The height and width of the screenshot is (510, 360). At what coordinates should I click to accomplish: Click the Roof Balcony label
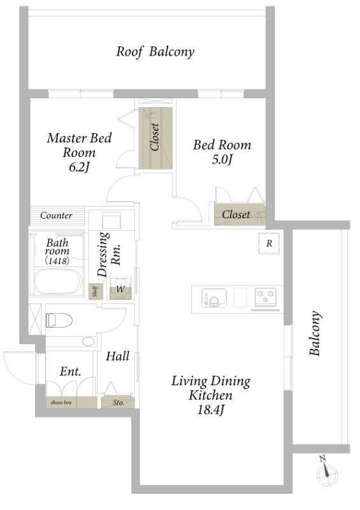point(155,52)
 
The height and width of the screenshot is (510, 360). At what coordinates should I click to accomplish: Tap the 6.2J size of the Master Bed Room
point(79,167)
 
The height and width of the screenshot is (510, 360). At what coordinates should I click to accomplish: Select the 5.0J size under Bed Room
point(222,160)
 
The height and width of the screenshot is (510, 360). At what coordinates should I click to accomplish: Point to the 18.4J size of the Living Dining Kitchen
point(211,410)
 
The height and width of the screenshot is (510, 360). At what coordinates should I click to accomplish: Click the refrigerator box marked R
point(269,244)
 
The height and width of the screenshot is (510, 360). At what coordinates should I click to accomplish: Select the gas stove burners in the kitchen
point(266,296)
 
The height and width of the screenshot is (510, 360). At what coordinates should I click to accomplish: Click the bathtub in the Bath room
point(58,282)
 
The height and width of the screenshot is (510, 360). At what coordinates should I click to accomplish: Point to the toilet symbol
point(59,320)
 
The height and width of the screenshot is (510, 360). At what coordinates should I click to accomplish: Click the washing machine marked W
point(120,288)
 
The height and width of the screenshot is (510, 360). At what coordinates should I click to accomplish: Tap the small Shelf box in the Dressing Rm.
point(96,291)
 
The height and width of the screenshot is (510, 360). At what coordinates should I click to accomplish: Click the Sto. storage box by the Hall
point(118,403)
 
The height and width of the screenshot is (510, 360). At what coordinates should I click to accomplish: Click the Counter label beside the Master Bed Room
point(56,215)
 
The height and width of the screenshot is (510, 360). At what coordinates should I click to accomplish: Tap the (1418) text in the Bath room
point(57,261)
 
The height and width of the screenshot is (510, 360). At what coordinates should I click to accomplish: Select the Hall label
point(118,356)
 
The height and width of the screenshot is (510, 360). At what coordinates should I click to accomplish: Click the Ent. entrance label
point(70,371)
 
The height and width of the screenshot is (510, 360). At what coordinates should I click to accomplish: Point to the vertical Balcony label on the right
point(315,333)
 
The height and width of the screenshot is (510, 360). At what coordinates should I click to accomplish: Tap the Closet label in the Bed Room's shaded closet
point(236,214)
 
